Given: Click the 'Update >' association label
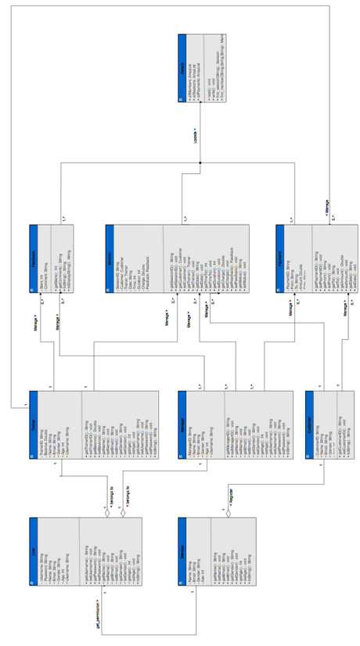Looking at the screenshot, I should coord(193,130).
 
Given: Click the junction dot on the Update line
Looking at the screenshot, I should coord(200,162).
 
